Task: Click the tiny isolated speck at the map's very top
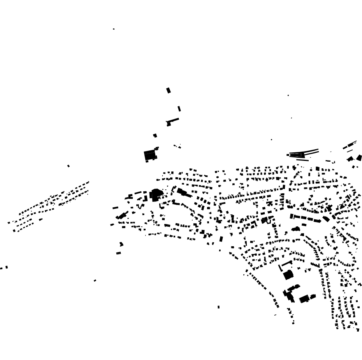point(114,29)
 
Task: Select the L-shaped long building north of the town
point(172,121)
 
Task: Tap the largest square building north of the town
point(150,155)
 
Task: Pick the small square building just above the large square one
point(155,136)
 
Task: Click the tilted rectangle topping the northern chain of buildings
point(168,90)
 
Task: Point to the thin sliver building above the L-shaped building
point(179,109)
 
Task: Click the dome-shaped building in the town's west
point(156,194)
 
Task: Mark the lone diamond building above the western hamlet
point(69,166)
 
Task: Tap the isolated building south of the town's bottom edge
point(218,307)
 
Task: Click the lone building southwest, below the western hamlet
point(95,281)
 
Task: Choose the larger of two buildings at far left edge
point(7,267)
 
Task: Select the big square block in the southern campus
point(288,275)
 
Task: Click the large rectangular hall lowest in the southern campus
point(304,299)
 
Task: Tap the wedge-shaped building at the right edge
point(359,158)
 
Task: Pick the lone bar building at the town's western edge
point(115,208)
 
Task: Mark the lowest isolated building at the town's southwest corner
point(118,253)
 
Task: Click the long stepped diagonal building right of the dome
point(184,192)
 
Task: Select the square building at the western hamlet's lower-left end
point(14,231)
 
